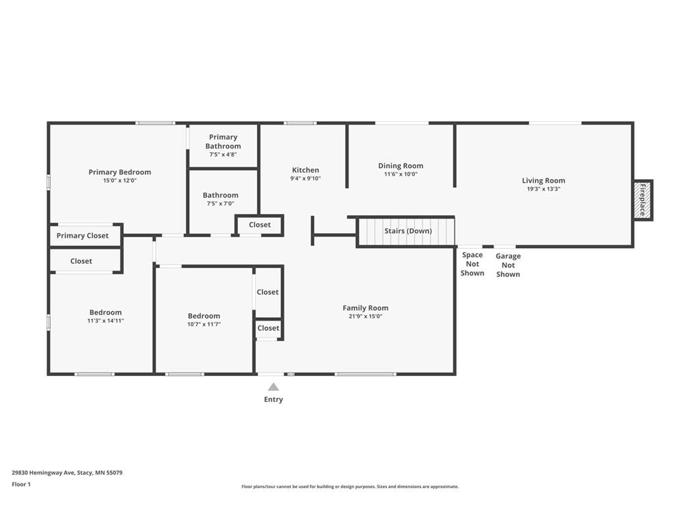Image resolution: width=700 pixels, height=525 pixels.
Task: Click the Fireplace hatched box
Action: [x=643, y=200]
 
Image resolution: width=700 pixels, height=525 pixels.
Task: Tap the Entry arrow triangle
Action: [x=273, y=387]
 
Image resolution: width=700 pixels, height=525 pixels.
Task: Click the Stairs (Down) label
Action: [x=408, y=231]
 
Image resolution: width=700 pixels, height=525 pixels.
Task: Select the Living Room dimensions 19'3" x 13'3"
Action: [x=543, y=189]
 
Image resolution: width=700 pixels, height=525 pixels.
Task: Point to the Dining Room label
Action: [x=401, y=165]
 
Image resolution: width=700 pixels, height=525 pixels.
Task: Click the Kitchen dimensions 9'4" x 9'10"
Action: [x=306, y=178]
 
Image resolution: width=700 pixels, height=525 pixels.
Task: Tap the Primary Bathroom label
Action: [x=223, y=142]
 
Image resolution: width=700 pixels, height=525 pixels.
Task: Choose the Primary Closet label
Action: [x=83, y=236]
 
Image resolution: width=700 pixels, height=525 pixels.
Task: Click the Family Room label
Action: [x=365, y=308]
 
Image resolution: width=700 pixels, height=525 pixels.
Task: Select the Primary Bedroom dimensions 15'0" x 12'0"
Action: [x=120, y=180]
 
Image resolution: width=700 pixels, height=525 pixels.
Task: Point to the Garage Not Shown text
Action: [x=508, y=265]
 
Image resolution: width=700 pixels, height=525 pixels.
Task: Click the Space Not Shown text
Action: [x=472, y=264]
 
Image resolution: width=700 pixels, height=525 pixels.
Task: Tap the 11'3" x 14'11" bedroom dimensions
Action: [x=105, y=321]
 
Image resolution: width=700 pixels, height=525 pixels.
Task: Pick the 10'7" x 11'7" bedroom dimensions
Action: [x=204, y=324]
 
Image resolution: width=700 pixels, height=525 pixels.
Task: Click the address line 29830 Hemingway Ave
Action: [x=67, y=472]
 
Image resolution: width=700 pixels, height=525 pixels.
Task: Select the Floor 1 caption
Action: [x=21, y=484]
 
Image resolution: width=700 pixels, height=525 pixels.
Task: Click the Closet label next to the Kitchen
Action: [x=260, y=224]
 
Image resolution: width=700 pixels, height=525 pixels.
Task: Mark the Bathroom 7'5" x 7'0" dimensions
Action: [x=220, y=204]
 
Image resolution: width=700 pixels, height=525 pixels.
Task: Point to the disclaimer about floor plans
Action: [x=350, y=487]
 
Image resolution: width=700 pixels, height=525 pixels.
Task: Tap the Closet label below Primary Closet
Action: [x=81, y=261]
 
